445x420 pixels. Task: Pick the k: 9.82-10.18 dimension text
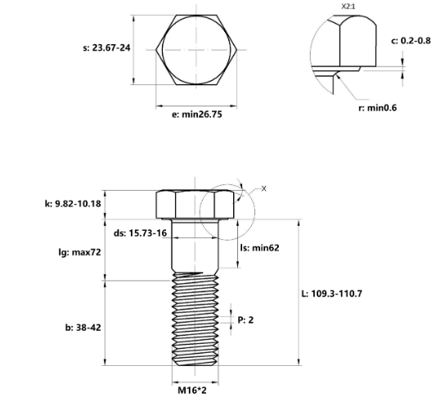pos(73,203)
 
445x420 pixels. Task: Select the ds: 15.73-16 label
pos(141,233)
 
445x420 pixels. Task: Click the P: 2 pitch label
pos(245,319)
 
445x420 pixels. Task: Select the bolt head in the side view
pos(196,204)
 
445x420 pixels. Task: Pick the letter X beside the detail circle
pos(263,188)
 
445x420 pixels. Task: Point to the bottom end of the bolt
pos(196,364)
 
